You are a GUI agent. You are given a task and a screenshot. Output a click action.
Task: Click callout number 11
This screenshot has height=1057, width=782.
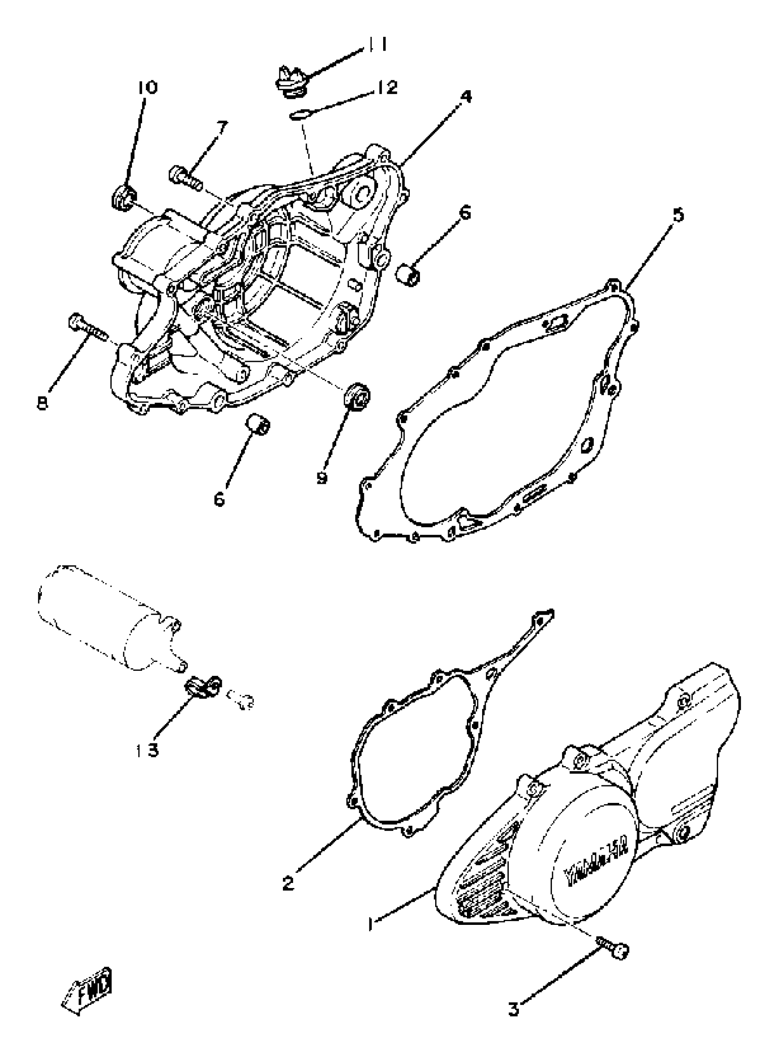coord(377,46)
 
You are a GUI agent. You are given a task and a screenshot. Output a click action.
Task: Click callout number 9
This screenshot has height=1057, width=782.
coord(322,478)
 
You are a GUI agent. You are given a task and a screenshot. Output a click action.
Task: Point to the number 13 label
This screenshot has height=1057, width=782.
coord(146,750)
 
